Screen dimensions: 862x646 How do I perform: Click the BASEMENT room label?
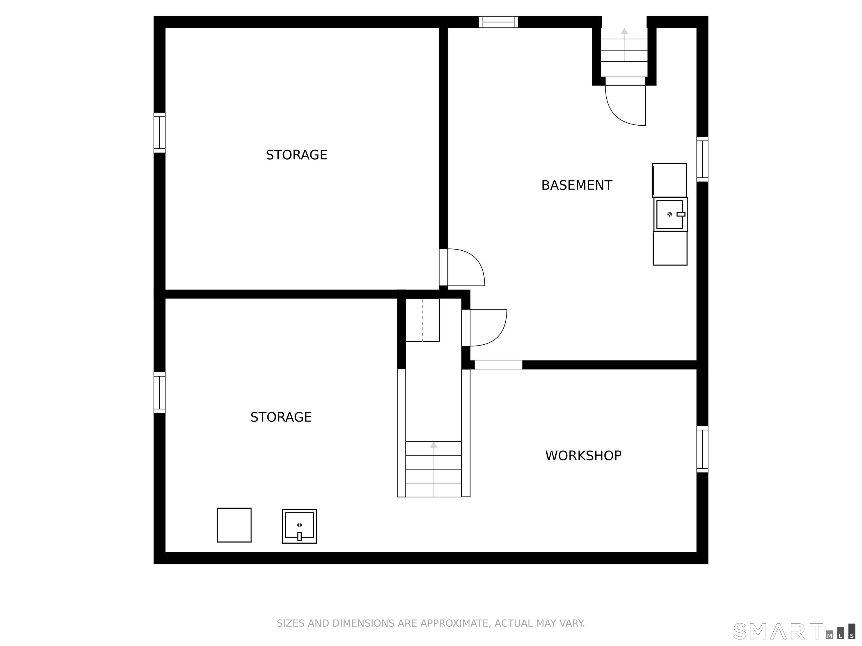coord(577,185)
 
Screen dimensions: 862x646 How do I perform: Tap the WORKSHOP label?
coord(583,456)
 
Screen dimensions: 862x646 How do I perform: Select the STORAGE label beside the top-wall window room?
coord(297,155)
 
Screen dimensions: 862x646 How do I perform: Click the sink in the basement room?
coord(670,214)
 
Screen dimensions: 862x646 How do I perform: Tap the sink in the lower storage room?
coord(299,526)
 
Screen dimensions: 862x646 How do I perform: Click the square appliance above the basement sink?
coord(670,180)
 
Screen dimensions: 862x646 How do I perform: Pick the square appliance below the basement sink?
coord(670,248)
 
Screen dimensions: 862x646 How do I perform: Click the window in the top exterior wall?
coord(498,22)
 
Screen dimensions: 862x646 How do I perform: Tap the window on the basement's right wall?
coord(702,159)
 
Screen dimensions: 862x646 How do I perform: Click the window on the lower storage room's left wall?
coord(159,393)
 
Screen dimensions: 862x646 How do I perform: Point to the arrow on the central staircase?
coord(434,469)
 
